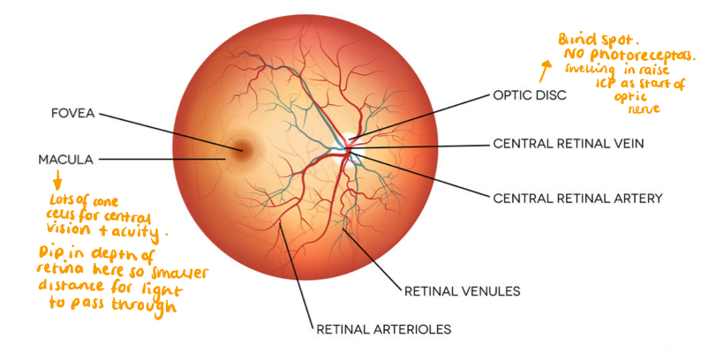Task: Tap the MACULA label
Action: [x=65, y=160]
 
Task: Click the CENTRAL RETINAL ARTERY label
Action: [x=576, y=199]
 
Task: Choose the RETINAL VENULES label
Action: [x=462, y=289]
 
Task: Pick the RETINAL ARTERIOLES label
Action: [x=383, y=329]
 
